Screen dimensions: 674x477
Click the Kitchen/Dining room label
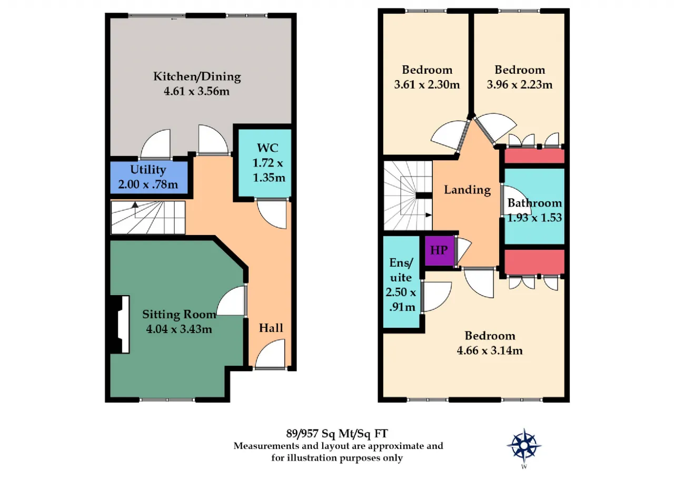[x=197, y=76]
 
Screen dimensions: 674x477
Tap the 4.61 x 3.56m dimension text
[x=197, y=91]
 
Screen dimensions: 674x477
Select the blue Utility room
[x=149, y=178]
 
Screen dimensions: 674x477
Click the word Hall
[x=271, y=328]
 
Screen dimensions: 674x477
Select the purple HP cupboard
[x=439, y=250]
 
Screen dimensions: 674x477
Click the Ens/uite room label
[x=401, y=270]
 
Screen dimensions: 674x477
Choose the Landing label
[x=467, y=190]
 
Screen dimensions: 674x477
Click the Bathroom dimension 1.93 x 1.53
[x=534, y=218]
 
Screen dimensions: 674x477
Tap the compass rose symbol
[x=524, y=445]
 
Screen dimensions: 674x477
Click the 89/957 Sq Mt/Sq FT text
[x=336, y=434]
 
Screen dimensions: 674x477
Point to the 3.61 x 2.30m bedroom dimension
[x=427, y=85]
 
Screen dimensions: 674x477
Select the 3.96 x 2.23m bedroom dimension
[x=520, y=85]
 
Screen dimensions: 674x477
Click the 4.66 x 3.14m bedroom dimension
[x=490, y=351]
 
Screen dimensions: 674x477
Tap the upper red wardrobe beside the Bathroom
[x=534, y=157]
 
